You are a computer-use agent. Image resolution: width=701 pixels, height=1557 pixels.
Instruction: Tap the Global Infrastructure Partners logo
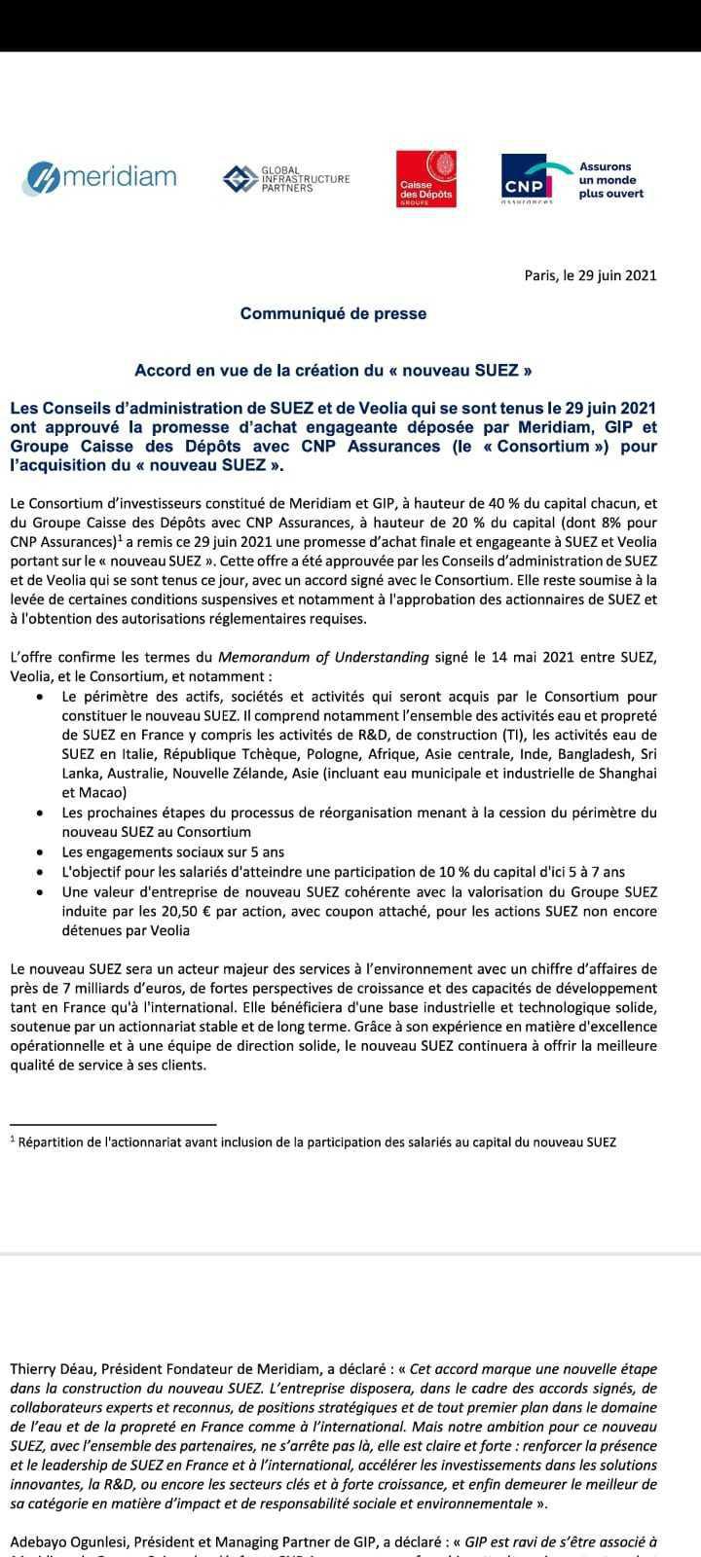pyautogui.click(x=285, y=178)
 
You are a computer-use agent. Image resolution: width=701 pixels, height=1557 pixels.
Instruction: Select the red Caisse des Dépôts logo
pyautogui.click(x=426, y=178)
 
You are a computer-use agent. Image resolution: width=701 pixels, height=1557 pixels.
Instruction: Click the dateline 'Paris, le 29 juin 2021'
pyautogui.click(x=590, y=274)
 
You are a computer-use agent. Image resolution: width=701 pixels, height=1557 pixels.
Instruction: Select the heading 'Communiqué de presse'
pyautogui.click(x=333, y=313)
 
